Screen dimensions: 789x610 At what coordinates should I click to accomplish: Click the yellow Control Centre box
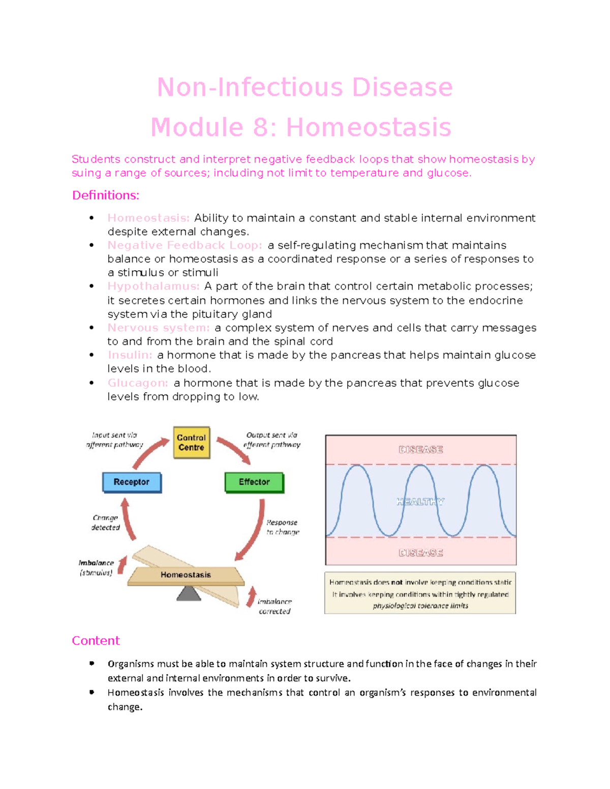(192, 443)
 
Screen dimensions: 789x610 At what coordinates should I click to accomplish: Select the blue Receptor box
(132, 482)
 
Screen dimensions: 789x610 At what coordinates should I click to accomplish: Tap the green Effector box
(254, 482)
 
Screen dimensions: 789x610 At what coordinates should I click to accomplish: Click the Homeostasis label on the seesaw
(186, 575)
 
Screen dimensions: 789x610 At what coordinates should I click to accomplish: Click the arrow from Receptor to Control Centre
(149, 453)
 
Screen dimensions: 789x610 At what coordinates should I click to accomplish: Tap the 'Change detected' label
(105, 523)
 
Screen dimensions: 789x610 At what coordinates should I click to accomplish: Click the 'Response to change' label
(283, 527)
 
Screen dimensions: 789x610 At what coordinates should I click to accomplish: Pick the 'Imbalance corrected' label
(274, 607)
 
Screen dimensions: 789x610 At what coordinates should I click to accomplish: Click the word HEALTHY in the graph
(420, 502)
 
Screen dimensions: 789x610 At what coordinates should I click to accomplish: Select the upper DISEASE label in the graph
(420, 450)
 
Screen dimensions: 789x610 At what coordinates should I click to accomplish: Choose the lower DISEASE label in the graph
(420, 553)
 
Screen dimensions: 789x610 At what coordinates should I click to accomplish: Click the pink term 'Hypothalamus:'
(153, 287)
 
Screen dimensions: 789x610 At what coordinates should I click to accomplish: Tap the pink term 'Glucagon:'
(137, 383)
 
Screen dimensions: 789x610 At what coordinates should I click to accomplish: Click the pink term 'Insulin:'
(130, 355)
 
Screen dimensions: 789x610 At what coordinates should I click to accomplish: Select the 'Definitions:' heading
(105, 196)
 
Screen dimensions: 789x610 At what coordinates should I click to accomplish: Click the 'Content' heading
(96, 641)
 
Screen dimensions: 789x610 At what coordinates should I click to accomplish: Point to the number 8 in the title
(260, 128)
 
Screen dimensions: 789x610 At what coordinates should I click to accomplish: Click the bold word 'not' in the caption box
(396, 583)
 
